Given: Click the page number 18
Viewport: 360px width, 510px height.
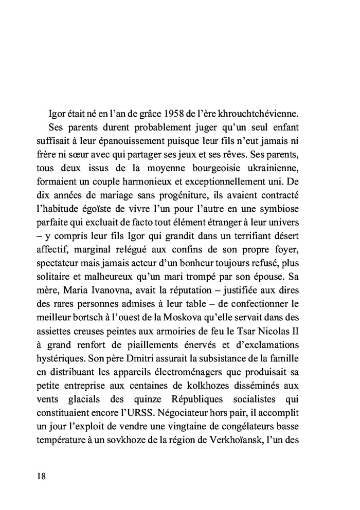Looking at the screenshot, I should pyautogui.click(x=42, y=476).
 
